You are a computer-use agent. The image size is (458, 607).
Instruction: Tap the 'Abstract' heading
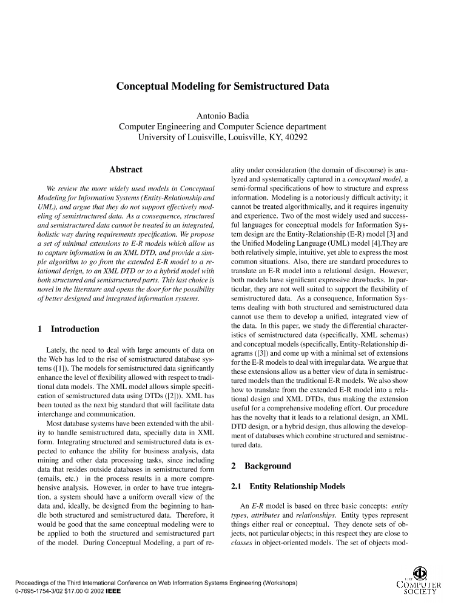click(126, 170)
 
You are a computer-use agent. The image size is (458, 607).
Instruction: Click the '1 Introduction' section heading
click(68, 329)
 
